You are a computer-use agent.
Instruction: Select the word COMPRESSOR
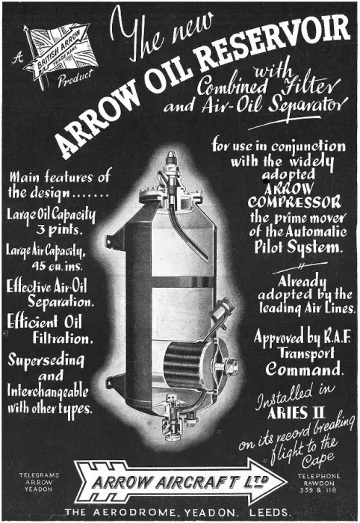click(x=294, y=202)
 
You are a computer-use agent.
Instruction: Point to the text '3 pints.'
click(x=59, y=230)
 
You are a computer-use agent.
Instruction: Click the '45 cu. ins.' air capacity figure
click(x=57, y=265)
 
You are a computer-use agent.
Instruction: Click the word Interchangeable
click(x=48, y=392)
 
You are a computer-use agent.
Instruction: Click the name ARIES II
click(x=296, y=413)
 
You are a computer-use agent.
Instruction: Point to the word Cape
click(x=317, y=460)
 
